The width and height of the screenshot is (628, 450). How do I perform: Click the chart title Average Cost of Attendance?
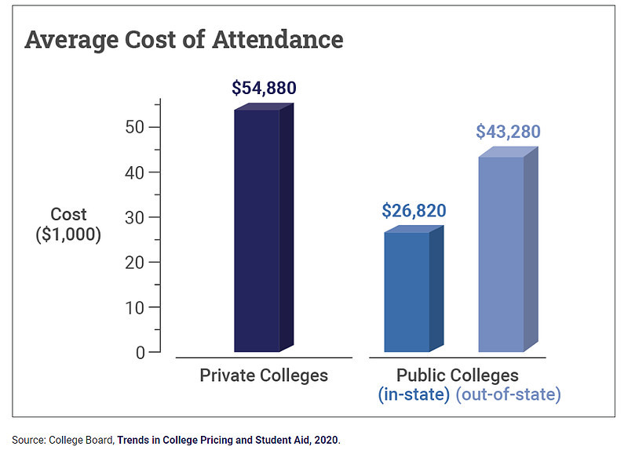coord(184,40)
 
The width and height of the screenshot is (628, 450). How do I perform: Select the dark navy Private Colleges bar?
coord(257,230)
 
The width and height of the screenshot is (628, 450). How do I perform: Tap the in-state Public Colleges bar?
coord(407,292)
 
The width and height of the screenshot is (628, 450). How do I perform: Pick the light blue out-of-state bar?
coord(502,254)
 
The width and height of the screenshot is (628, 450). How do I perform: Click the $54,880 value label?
coord(264,88)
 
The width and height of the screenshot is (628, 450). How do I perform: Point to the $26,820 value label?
coord(414,210)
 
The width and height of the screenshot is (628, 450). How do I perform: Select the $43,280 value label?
coord(508,132)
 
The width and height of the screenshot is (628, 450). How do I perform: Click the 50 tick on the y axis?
coord(135,127)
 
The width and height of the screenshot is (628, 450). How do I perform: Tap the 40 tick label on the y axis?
coord(135,172)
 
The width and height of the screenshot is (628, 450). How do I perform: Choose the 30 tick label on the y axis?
coord(135,217)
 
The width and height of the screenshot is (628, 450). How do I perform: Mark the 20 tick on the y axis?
coord(135,262)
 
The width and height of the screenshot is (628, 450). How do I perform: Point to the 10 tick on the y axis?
coord(135,307)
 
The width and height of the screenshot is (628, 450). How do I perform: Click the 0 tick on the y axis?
coord(141,352)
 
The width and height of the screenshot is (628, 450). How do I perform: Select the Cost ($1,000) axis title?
coord(69,224)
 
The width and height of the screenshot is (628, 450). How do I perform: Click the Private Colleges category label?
coord(264,375)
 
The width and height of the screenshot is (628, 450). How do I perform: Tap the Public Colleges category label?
coord(458,375)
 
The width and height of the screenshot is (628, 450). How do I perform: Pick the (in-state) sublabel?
coord(414,394)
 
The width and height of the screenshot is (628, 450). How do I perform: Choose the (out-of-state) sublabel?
coord(509,394)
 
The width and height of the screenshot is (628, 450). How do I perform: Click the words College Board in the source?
coord(81,441)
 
